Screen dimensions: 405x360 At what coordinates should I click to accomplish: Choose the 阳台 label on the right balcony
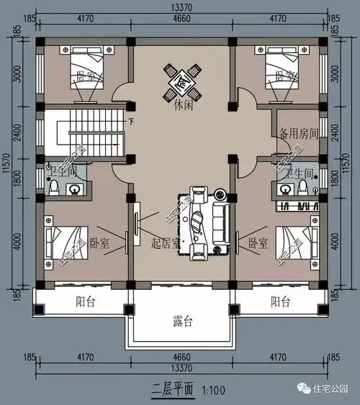(x=281, y=301)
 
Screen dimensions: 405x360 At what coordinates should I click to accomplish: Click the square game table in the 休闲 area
(x=181, y=81)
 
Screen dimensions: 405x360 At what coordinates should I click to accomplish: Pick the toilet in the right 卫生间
(x=305, y=187)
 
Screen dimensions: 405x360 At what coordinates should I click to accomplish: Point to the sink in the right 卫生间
(x=286, y=189)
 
